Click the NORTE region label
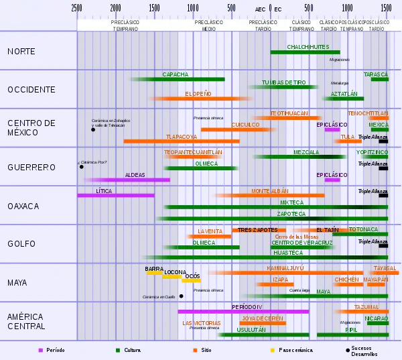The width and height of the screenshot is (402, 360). (x=21, y=52)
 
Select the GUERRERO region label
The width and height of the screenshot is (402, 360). (x=31, y=167)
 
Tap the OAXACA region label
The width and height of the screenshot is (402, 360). (x=23, y=206)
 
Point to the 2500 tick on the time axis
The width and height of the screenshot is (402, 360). (x=77, y=8)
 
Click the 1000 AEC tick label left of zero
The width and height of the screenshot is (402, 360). (x=193, y=8)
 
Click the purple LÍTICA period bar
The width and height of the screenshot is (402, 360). (x=115, y=195)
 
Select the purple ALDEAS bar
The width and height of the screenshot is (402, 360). (x=134, y=180)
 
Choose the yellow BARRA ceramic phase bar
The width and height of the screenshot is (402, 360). (x=155, y=273)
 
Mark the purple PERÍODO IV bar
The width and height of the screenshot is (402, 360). (x=243, y=311)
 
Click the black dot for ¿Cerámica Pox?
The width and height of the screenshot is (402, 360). (x=82, y=167)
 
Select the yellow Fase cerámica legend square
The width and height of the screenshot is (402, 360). (x=273, y=350)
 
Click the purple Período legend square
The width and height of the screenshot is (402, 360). (x=40, y=350)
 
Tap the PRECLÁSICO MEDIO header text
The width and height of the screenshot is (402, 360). (x=208, y=25)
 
